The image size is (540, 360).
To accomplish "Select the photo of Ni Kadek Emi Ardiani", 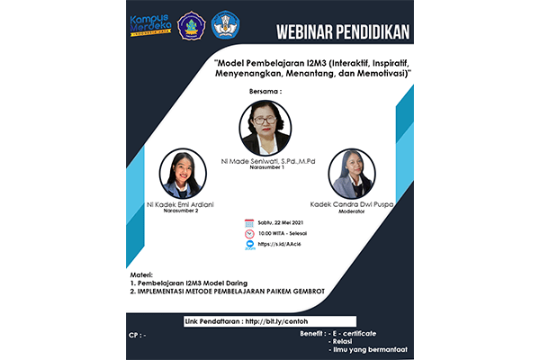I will pos(181,175).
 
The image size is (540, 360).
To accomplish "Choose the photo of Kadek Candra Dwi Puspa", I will pos(352,174).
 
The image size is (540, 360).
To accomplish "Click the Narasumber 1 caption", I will pos(270,167).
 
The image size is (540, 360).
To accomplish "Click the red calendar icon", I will pos(249,223).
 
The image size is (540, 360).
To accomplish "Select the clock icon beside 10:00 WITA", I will pos(249,234).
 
